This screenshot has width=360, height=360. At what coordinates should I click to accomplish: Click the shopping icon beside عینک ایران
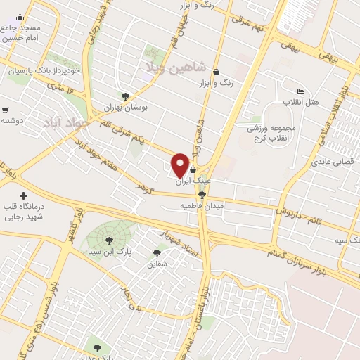click(193, 169)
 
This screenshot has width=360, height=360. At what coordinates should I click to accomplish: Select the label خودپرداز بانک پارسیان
click(42, 71)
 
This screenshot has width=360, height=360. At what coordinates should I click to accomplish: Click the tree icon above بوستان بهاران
click(125, 96)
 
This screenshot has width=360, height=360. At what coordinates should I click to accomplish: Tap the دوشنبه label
click(13, 121)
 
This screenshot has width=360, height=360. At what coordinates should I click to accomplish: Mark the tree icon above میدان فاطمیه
click(202, 195)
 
